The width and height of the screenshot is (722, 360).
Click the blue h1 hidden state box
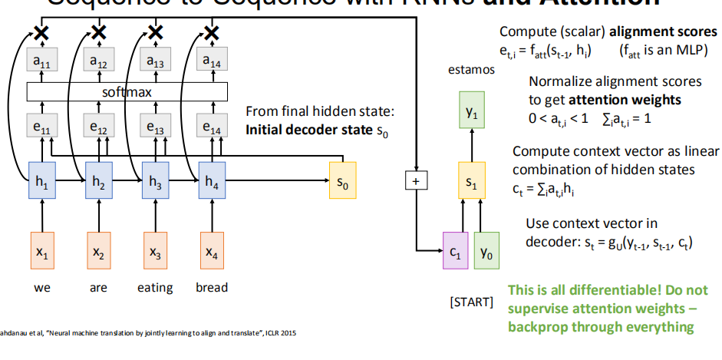click(41, 184)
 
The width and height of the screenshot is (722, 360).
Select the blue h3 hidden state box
click(155, 184)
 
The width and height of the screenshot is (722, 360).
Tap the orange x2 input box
click(98, 250)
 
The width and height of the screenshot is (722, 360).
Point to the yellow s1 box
click(471, 184)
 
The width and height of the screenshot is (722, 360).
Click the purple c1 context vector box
click(455, 250)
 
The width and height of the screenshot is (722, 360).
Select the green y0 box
click(486, 250)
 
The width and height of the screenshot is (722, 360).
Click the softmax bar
click(127, 92)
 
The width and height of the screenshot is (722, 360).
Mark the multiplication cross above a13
click(155, 32)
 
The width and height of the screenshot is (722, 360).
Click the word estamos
click(471, 70)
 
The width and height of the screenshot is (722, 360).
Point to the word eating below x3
click(155, 288)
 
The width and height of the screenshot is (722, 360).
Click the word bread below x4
click(212, 288)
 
